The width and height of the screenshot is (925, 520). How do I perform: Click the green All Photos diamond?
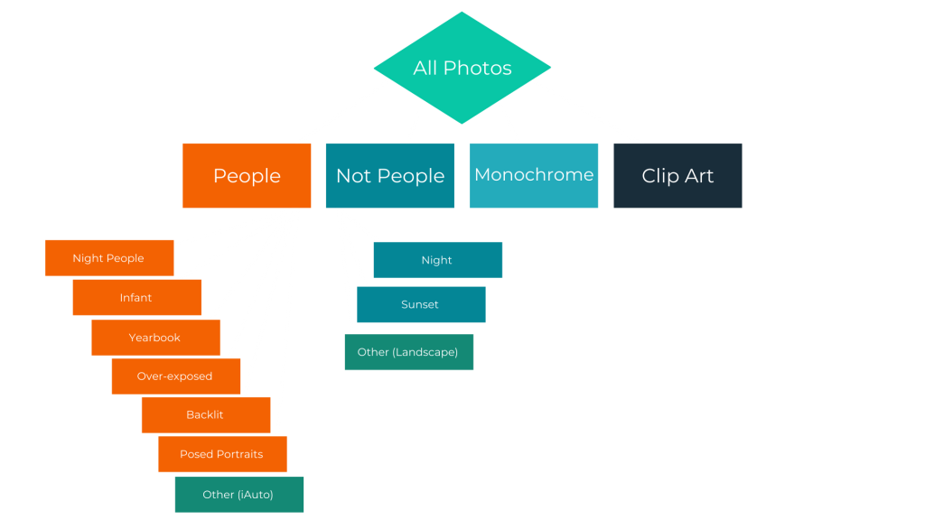coord(462,68)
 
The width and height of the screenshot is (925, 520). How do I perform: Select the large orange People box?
coord(247,176)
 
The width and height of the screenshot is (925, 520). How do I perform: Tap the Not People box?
coord(390,176)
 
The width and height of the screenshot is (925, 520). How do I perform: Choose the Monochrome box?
coord(534,176)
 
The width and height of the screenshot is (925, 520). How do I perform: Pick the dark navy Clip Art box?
coord(677,176)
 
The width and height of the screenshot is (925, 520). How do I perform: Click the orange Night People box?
coord(109,257)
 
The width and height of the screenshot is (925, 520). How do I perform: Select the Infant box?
coord(137,298)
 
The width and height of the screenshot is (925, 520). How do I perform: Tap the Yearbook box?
coord(155,338)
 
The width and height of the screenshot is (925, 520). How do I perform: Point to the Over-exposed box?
coord(176,376)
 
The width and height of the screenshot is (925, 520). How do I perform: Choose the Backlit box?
coord(206,415)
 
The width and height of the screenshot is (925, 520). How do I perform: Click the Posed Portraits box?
coord(222,454)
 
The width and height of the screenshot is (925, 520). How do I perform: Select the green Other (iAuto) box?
coord(238,495)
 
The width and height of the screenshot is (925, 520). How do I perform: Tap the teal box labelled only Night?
coord(438,260)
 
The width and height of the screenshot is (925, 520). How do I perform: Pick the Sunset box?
coord(421,305)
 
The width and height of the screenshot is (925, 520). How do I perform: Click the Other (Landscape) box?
coord(409,352)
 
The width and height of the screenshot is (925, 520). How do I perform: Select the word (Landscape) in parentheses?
coord(425,353)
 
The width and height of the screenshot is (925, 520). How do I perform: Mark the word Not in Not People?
coord(353,176)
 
